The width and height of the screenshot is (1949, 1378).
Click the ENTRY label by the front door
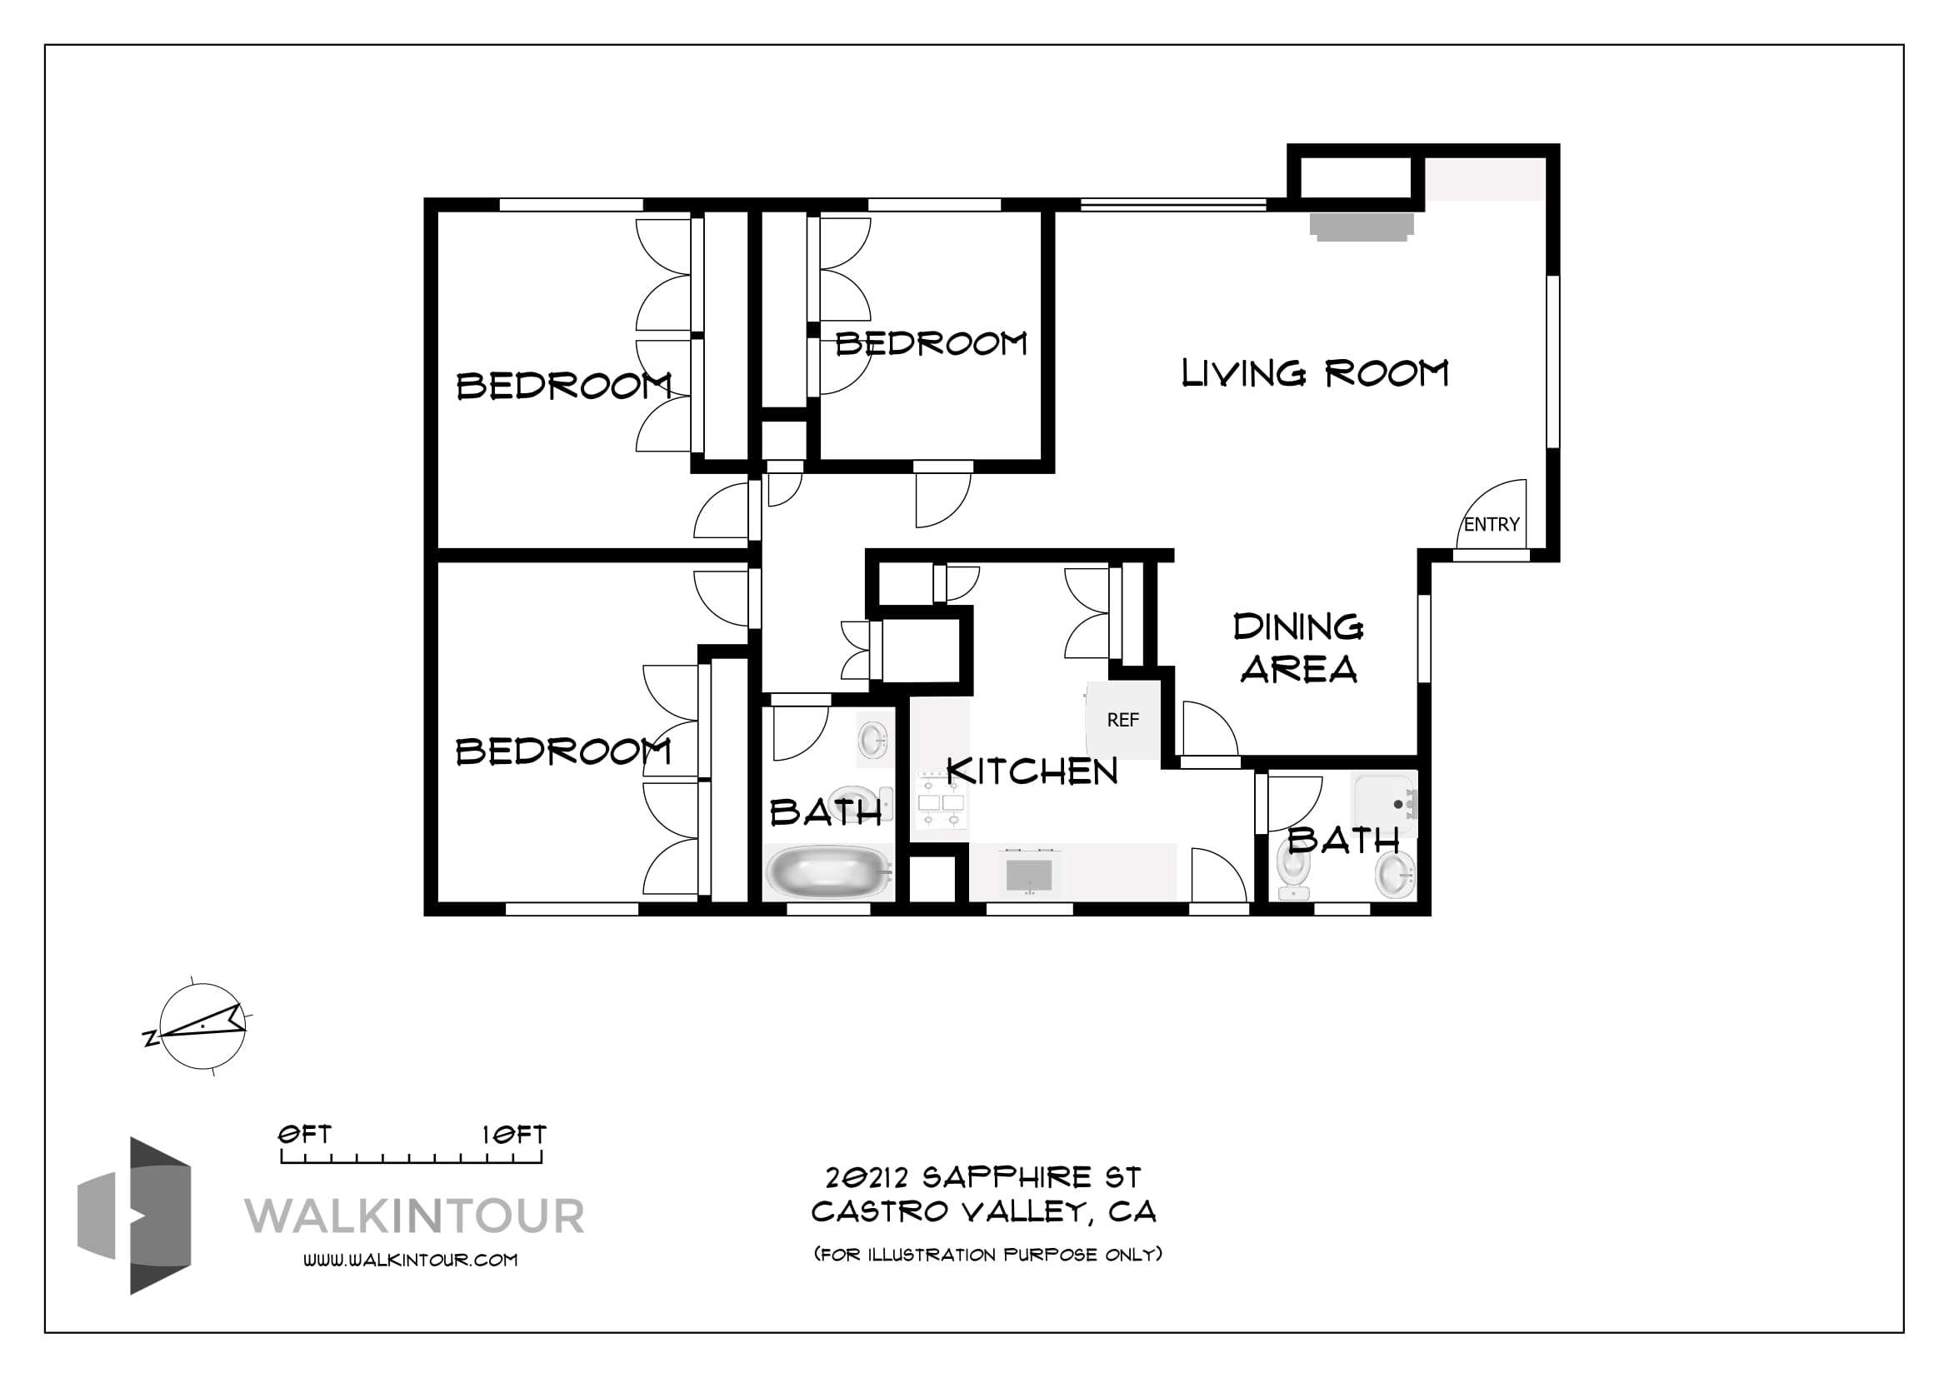1492,524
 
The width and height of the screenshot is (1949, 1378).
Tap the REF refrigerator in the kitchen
1123,721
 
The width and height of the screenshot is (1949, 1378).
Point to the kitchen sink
1029,875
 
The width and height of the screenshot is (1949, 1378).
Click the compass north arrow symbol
202,1026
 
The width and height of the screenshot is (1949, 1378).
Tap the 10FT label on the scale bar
513,1135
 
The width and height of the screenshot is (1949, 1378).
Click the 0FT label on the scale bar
305,1135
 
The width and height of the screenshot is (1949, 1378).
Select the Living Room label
1315,373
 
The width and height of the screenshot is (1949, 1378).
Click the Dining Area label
1299,648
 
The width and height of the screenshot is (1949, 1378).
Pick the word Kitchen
1032,772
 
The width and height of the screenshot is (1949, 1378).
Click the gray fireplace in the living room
1361,227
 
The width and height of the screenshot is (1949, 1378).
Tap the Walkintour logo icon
134,1216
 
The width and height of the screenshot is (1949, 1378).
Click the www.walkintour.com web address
411,1260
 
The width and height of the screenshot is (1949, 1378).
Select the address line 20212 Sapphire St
983,1177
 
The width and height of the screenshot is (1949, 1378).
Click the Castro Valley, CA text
984,1211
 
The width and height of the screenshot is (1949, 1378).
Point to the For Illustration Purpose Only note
987,1254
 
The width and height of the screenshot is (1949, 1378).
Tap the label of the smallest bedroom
932,343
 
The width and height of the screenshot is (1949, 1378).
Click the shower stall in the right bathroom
1385,803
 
